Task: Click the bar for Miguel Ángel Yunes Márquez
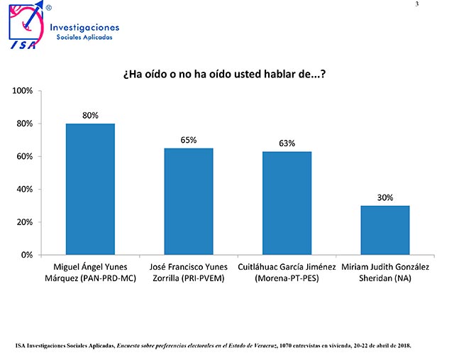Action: click(x=90, y=189)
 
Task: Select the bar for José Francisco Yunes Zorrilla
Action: click(x=189, y=201)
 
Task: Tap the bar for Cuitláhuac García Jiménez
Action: click(x=287, y=203)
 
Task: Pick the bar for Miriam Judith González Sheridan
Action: click(x=385, y=230)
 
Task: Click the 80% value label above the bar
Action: click(x=90, y=115)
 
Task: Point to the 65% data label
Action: click(x=189, y=140)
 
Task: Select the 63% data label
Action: click(x=287, y=143)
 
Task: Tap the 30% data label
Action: click(x=385, y=197)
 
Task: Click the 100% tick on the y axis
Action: click(x=21, y=91)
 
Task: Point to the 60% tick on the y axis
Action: click(x=23, y=156)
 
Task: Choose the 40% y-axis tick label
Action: click(x=23, y=189)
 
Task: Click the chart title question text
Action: click(x=224, y=75)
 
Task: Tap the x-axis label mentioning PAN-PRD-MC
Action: click(x=90, y=271)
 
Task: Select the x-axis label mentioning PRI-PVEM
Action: click(x=189, y=271)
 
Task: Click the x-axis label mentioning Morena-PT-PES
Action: click(x=287, y=271)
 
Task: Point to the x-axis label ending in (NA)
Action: click(x=385, y=271)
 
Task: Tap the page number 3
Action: click(x=436, y=5)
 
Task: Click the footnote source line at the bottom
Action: click(x=213, y=346)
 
